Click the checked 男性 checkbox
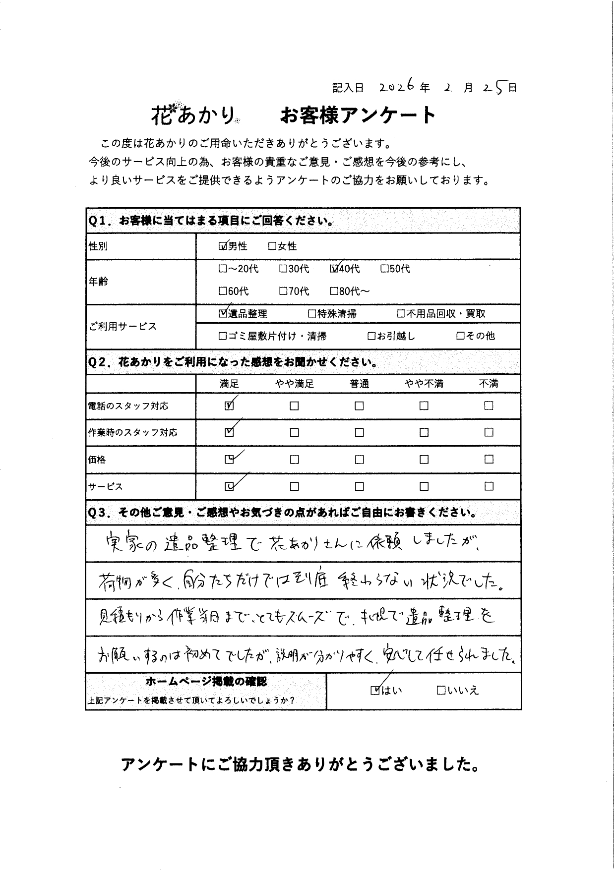[x=223, y=246]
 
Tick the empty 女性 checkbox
[x=272, y=246]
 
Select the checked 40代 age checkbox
[x=334, y=269]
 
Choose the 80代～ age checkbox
[x=334, y=291]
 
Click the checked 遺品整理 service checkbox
[x=223, y=314]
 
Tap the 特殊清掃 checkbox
[x=312, y=314]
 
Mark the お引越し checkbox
[x=371, y=336]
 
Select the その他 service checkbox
[x=460, y=336]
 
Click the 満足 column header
[x=229, y=384]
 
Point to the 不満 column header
[x=489, y=384]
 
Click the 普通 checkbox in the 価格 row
[x=359, y=460]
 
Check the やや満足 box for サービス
[x=294, y=486]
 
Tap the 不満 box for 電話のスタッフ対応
[x=489, y=406]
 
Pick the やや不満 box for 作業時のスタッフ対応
[x=424, y=432]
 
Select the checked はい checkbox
[x=375, y=690]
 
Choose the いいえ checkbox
[x=440, y=690]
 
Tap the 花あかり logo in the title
[x=194, y=115]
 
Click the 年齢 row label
[x=98, y=282]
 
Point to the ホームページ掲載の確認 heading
[x=206, y=682]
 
